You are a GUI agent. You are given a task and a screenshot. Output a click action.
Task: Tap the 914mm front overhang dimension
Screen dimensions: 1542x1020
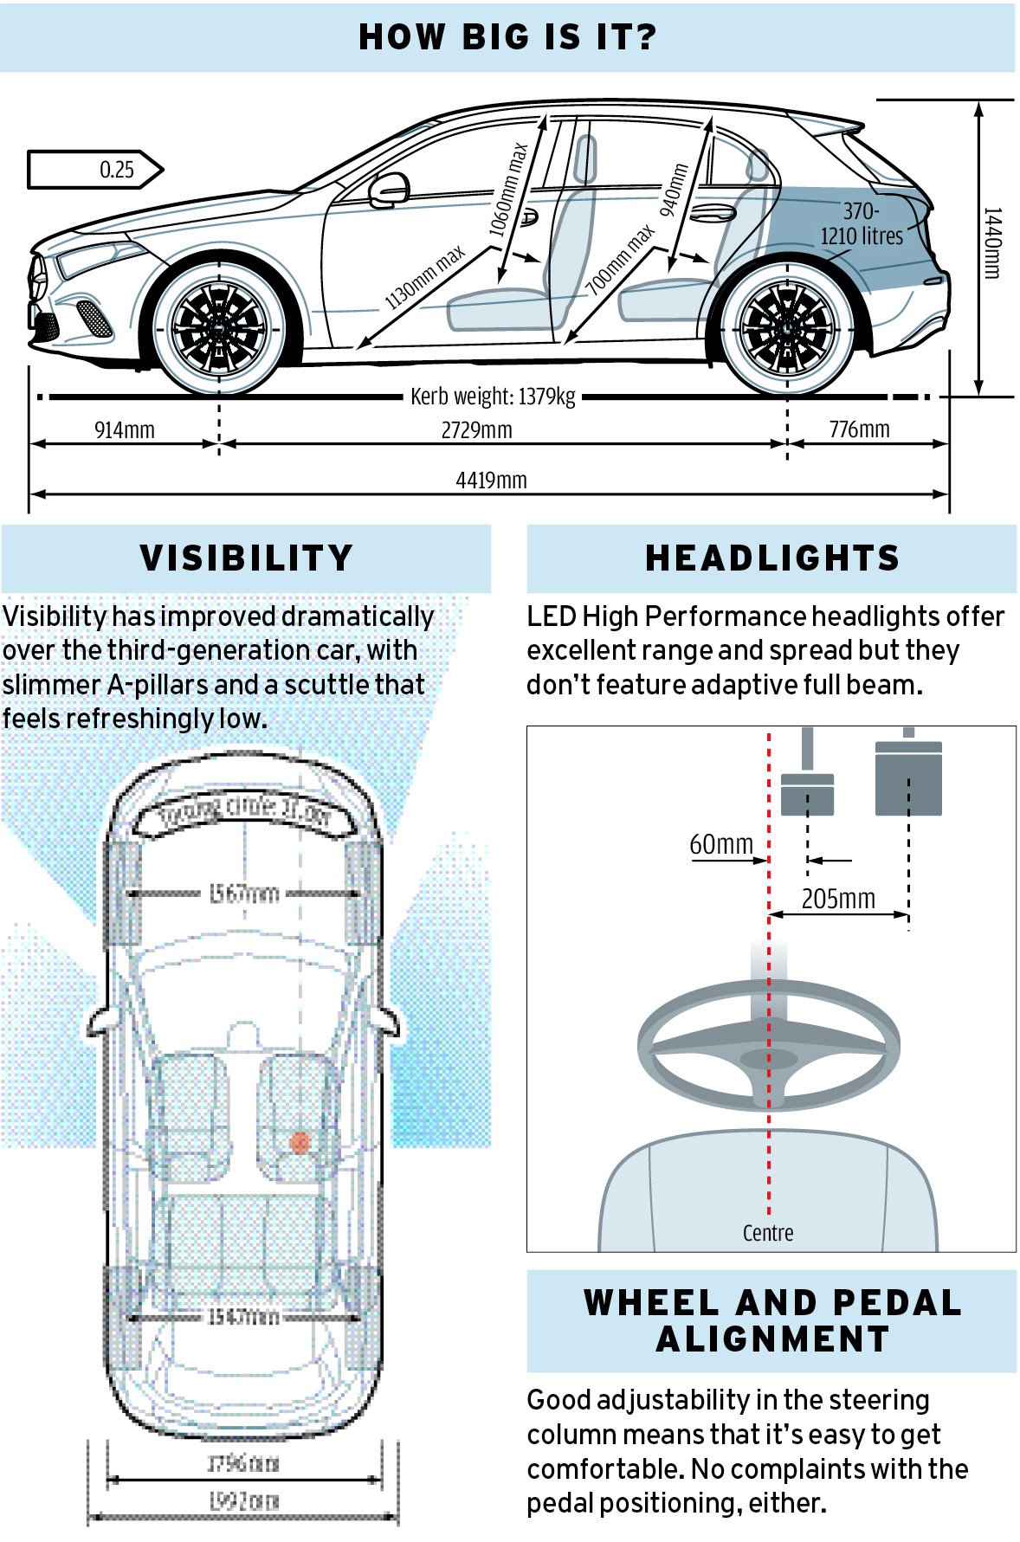125,429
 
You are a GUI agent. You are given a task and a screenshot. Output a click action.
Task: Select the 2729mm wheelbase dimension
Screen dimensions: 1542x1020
476,430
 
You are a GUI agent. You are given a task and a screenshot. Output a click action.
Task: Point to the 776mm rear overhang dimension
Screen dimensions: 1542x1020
859,429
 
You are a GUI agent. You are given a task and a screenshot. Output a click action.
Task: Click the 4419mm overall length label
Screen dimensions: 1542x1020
491,481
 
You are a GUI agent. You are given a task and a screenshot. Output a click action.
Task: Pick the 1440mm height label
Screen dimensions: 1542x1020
992,243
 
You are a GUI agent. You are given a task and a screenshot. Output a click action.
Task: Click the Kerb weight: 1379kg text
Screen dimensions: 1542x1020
493,397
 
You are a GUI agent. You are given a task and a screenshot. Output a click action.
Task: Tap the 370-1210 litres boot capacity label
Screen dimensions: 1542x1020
862,224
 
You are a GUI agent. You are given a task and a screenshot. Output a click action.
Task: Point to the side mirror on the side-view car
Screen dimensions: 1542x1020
389,190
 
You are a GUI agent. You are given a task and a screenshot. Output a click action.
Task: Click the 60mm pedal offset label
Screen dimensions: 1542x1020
721,844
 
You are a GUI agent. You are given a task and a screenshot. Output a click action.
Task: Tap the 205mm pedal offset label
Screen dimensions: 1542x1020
837,899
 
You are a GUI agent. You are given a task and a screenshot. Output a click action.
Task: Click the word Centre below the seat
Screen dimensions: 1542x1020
768,1233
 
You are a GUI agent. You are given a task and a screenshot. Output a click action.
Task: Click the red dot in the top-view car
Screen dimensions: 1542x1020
300,1143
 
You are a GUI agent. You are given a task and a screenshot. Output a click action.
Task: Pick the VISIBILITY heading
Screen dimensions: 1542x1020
247,558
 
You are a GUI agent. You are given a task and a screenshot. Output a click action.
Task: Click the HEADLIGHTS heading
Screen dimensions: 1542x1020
772,558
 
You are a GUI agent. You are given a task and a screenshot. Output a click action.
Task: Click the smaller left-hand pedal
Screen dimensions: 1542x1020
807,793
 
